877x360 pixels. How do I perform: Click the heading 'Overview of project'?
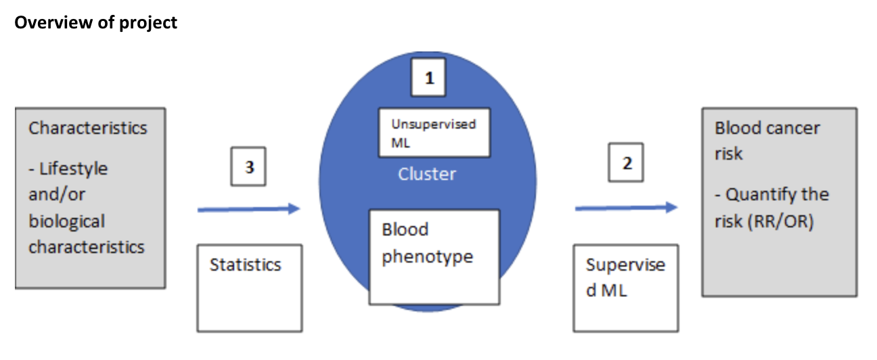[95, 22]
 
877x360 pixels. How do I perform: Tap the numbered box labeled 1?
[428, 78]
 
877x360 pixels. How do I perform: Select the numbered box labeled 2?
[626, 164]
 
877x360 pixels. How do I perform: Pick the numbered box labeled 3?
[248, 166]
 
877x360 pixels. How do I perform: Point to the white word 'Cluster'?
[427, 174]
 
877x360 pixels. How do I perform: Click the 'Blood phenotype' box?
[434, 256]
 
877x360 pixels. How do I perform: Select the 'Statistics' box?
[249, 288]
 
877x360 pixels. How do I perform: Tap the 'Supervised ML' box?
[625, 288]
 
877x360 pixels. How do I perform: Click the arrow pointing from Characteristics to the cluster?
[248, 210]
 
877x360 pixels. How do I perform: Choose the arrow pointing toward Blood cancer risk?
[626, 208]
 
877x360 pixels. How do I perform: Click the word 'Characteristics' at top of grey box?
[87, 128]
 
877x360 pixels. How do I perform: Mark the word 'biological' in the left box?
[66, 221]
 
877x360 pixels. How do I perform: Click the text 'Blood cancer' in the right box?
[767, 128]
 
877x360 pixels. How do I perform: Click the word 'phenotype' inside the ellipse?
[427, 257]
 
